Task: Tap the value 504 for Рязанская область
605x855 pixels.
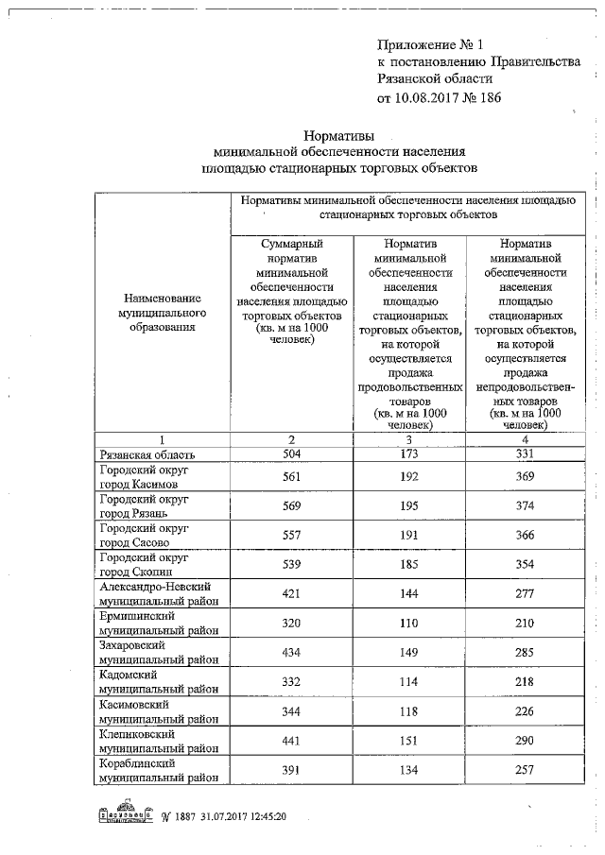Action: click(292, 453)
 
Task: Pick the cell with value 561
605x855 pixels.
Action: click(292, 476)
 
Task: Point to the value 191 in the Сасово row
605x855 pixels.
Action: click(409, 535)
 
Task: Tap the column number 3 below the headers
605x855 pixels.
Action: click(409, 440)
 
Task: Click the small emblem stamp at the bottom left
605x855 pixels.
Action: click(127, 815)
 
